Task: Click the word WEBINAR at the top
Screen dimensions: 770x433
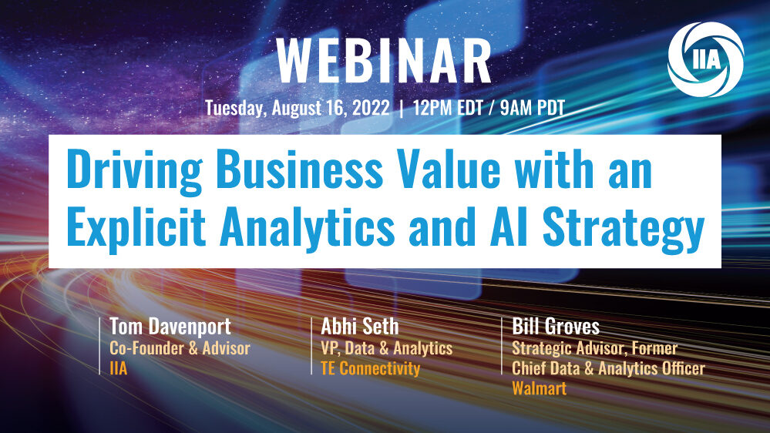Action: pyautogui.click(x=384, y=61)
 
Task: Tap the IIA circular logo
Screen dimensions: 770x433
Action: pyautogui.click(x=706, y=59)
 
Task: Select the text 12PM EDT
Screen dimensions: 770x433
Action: pyautogui.click(x=448, y=108)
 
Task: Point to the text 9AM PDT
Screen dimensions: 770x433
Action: pyautogui.click(x=533, y=108)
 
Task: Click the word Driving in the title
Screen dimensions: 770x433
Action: pyautogui.click(x=134, y=170)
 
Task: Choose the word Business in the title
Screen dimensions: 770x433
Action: pyautogui.click(x=300, y=169)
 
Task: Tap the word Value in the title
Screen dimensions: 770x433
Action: pyautogui.click(x=449, y=169)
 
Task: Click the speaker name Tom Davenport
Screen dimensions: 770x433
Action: pyautogui.click(x=170, y=327)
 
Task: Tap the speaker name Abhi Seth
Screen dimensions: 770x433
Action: pyautogui.click(x=359, y=327)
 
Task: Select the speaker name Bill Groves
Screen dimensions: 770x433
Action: pyautogui.click(x=556, y=327)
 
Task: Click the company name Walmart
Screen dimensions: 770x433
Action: pyautogui.click(x=540, y=388)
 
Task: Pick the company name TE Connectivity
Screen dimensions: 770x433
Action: pyautogui.click(x=370, y=368)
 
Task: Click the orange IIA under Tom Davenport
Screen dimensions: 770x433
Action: pyautogui.click(x=119, y=368)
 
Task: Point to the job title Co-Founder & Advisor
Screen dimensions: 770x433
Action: pyautogui.click(x=180, y=348)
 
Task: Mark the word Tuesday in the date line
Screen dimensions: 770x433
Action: pyautogui.click(x=236, y=108)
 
